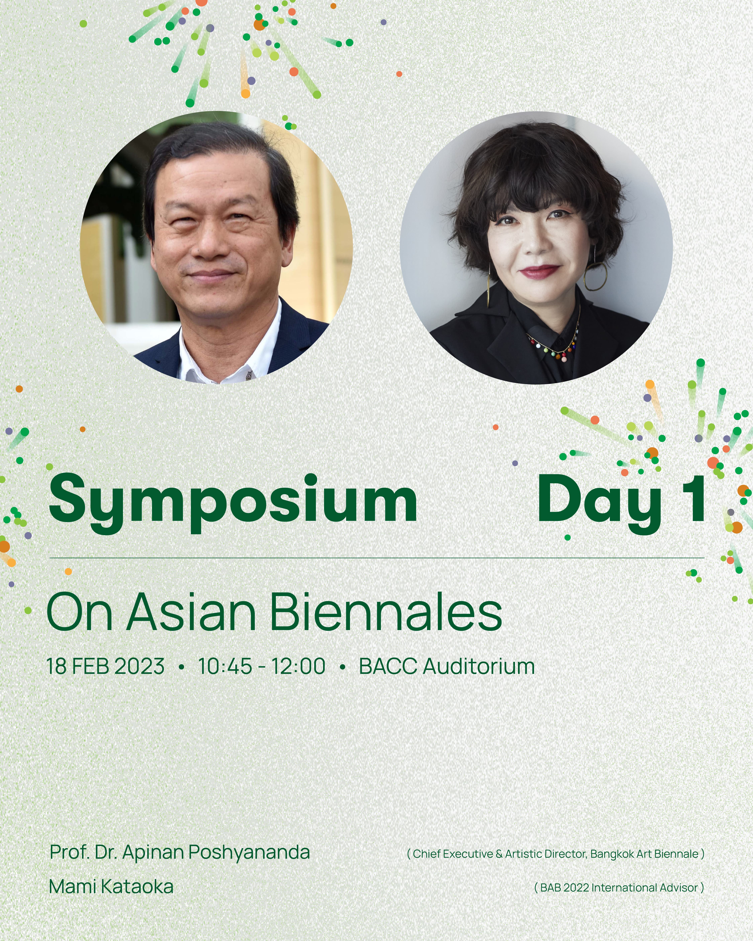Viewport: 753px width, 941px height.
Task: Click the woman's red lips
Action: [x=540, y=271]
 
